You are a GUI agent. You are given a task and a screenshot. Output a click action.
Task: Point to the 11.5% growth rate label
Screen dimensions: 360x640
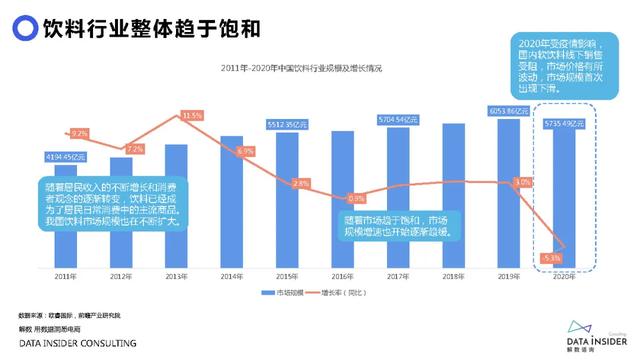[x=191, y=116]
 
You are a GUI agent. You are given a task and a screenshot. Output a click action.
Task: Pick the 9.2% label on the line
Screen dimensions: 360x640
[x=79, y=133]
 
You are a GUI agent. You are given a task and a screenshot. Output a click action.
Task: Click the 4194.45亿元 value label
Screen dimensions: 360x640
[x=66, y=157]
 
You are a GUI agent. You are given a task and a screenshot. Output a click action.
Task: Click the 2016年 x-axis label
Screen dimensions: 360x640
[x=345, y=274]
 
